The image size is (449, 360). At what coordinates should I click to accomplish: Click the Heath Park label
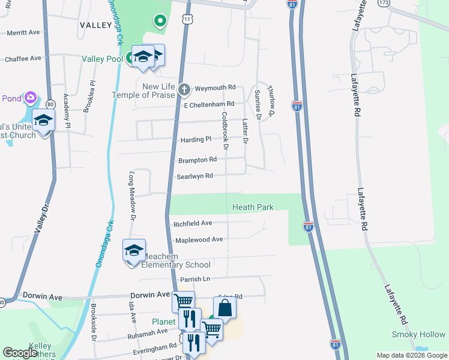pyautogui.click(x=253, y=207)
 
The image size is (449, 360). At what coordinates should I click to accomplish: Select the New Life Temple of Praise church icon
pyautogui.click(x=184, y=91)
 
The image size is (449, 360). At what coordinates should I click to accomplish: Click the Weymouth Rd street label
pyautogui.click(x=214, y=88)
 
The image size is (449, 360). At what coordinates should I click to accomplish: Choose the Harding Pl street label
pyautogui.click(x=196, y=140)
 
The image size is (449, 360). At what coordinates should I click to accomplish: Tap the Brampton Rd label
pyautogui.click(x=197, y=160)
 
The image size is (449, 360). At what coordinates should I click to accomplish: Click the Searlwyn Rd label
pyautogui.click(x=194, y=176)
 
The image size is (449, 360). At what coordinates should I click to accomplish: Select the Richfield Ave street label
pyautogui.click(x=193, y=223)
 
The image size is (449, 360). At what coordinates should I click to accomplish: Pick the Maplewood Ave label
pyautogui.click(x=199, y=239)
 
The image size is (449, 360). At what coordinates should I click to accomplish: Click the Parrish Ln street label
pyautogui.click(x=194, y=280)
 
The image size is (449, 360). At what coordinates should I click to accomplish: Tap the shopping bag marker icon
pyautogui.click(x=224, y=308)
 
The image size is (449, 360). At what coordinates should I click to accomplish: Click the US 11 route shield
pyautogui.click(x=188, y=20)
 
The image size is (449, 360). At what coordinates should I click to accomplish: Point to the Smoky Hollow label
pyautogui.click(x=418, y=334)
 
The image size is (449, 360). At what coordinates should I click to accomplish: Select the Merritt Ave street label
pyautogui.click(x=22, y=32)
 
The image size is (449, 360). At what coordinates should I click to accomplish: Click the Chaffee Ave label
pyautogui.click(x=23, y=59)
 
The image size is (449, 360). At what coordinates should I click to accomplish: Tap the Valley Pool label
pyautogui.click(x=103, y=59)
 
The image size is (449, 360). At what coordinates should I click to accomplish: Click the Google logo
pyautogui.click(x=20, y=353)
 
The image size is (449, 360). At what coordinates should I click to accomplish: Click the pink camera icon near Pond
pyautogui.click(x=31, y=97)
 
